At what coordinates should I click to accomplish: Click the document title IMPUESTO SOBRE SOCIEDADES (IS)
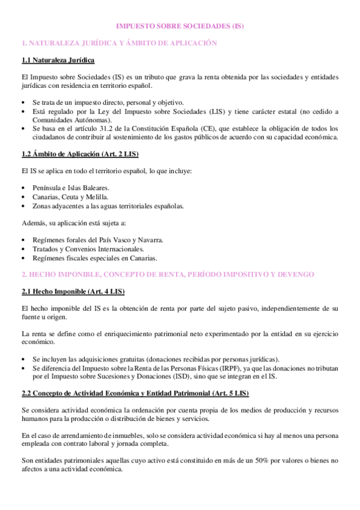(x=180, y=26)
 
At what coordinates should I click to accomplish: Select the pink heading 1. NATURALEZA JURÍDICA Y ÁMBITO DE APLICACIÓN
(x=118, y=43)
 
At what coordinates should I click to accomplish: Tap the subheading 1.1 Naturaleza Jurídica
(x=58, y=61)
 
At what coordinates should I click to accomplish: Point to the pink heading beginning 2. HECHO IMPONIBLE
(x=168, y=274)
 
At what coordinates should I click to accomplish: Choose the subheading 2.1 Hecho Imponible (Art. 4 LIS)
(x=72, y=292)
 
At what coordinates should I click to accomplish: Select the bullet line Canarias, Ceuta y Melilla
(x=71, y=197)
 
